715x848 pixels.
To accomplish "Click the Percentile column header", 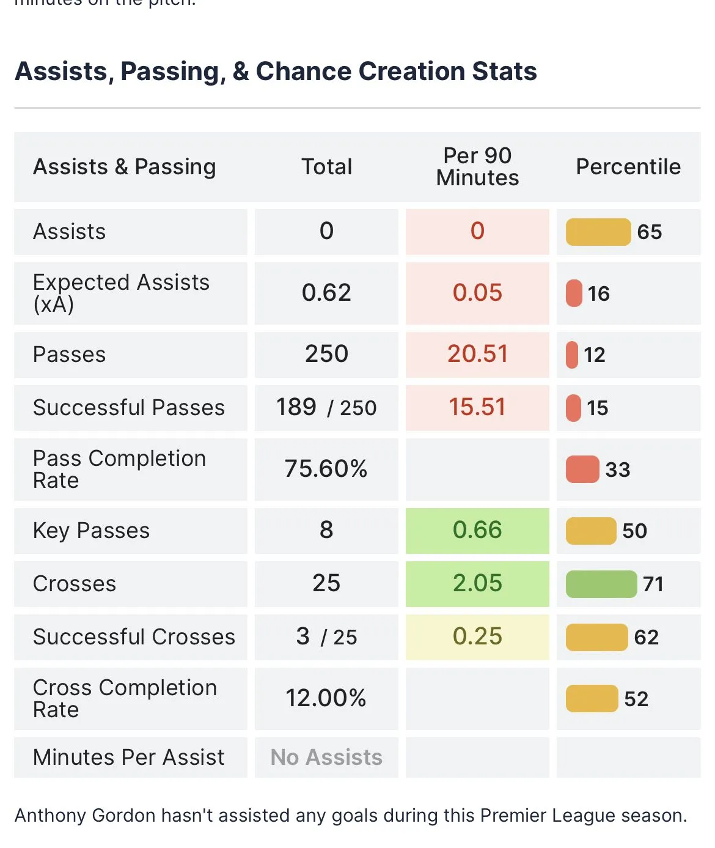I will tap(628, 166).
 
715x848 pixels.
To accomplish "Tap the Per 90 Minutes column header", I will tap(477, 166).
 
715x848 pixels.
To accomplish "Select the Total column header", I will tap(326, 166).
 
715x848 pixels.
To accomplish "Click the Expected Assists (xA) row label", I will tap(121, 293).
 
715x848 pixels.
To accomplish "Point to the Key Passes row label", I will tap(91, 530).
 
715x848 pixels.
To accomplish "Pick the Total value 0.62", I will tap(326, 293).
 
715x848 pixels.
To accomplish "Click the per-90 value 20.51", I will tap(477, 354).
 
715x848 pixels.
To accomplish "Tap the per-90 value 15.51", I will tap(477, 407).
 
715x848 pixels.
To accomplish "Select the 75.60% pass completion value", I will tap(326, 469).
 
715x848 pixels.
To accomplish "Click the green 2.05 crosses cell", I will tap(477, 583).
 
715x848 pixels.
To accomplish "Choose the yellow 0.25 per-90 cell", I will tap(477, 636).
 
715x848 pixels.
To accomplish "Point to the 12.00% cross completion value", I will tap(326, 698).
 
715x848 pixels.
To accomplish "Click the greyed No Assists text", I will tap(326, 757).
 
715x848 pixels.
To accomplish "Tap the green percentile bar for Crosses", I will tap(601, 584).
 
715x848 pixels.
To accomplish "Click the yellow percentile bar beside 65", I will tap(598, 232).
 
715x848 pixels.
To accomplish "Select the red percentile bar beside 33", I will tap(582, 470).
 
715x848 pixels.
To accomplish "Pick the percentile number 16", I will tap(599, 293).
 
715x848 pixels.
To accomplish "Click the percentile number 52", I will tap(636, 699).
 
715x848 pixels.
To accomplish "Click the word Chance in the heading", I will tap(303, 71).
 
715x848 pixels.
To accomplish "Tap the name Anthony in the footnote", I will tap(50, 815).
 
